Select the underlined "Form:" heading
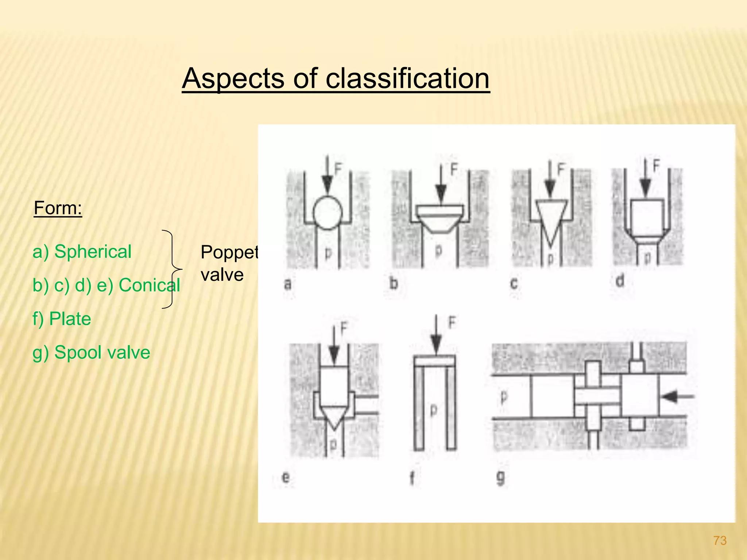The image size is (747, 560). point(58,208)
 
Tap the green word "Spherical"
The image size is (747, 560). point(93,252)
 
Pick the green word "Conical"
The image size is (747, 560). point(150,285)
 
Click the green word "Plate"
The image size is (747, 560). point(70,319)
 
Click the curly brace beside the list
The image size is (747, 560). point(171,269)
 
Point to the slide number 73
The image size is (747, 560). point(720,540)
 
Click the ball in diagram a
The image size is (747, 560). point(328,213)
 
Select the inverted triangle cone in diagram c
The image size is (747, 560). point(551,221)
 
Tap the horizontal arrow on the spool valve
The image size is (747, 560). point(677,396)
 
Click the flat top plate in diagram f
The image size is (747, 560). point(435,361)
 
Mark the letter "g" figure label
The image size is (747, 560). point(501,477)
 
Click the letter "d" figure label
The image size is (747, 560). point(620,281)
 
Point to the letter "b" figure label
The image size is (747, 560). point(393,283)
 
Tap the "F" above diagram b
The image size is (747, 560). point(453,169)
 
